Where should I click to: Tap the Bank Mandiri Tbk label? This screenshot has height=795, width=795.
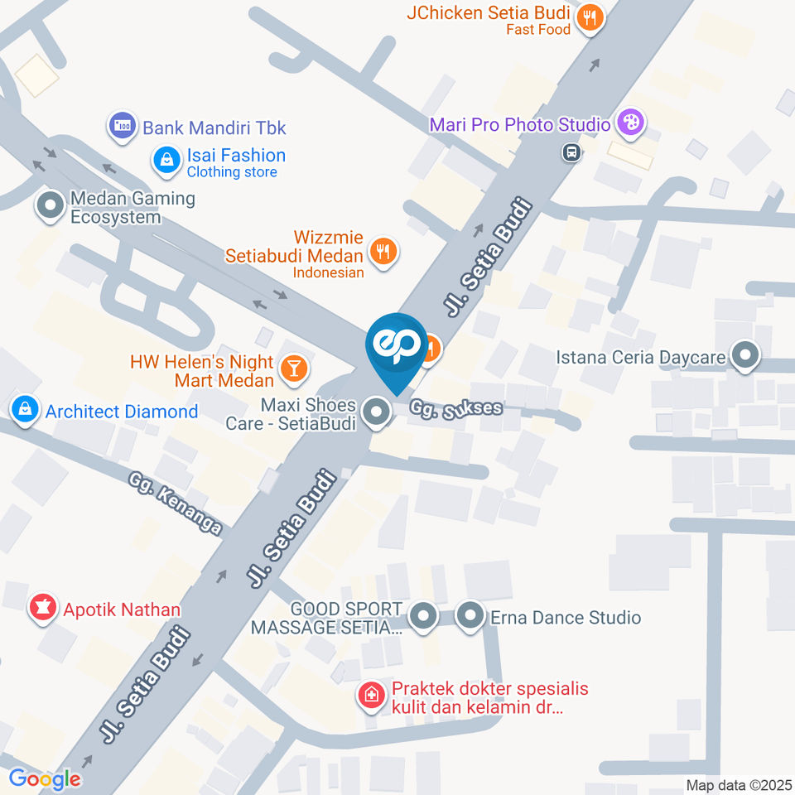click(214, 128)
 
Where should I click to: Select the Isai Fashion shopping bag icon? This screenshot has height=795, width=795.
click(167, 160)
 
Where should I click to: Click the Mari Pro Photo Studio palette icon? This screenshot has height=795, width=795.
click(631, 123)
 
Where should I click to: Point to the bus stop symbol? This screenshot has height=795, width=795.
click(571, 152)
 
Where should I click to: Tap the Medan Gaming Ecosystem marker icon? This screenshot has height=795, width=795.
click(51, 205)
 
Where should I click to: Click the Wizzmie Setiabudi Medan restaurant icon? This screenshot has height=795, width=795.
click(382, 252)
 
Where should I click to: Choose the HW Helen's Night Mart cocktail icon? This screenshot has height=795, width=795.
click(292, 369)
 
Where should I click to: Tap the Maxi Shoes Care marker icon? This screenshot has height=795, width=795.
click(377, 412)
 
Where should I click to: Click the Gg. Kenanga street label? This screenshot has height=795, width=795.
click(176, 503)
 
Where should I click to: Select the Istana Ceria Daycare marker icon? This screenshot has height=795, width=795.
click(746, 357)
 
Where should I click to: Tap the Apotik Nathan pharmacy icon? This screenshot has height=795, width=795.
click(39, 609)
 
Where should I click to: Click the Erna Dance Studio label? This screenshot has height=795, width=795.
click(566, 618)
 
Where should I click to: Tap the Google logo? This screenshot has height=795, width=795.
click(45, 778)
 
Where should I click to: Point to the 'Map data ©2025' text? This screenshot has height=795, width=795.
click(738, 784)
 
